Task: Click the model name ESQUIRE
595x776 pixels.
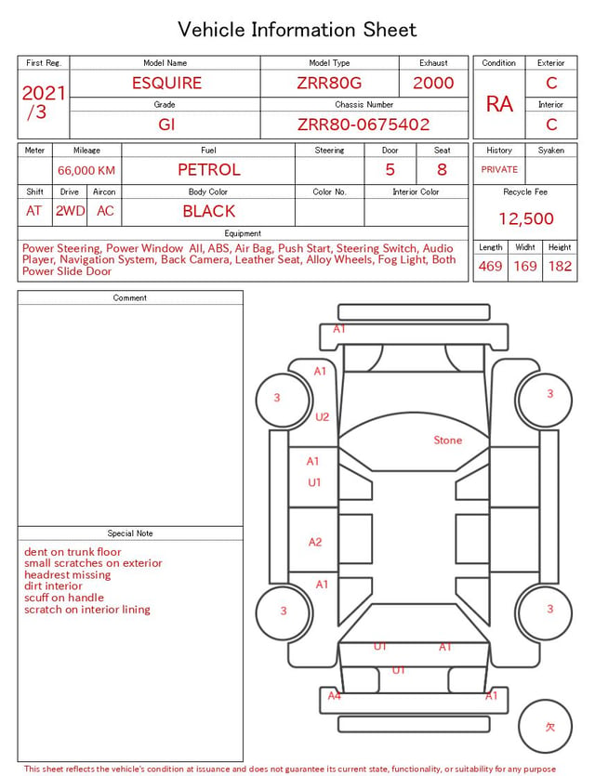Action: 166,83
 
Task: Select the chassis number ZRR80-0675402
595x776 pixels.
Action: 364,125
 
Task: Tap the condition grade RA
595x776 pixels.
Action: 499,104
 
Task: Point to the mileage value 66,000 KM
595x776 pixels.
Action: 86,171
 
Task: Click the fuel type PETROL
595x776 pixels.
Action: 209,170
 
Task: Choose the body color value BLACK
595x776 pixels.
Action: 209,211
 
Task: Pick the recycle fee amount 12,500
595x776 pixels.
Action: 525,218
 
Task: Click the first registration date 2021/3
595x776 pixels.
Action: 44,102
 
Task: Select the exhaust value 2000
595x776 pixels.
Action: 433,83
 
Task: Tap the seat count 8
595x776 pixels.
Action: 442,170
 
